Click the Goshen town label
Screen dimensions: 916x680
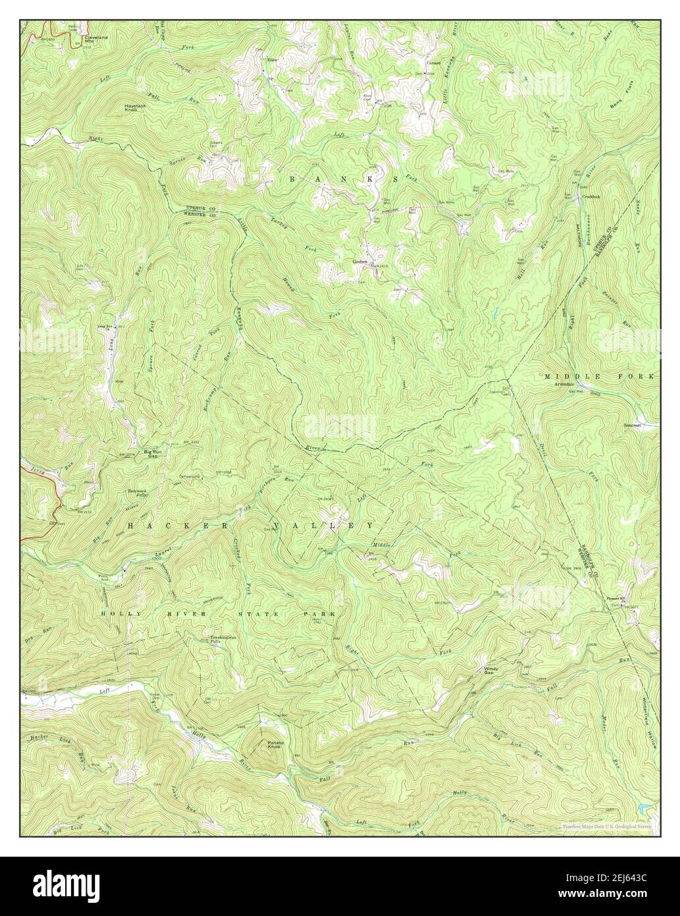(x=360, y=261)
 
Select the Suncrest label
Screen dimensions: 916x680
(x=633, y=425)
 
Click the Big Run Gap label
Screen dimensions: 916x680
(x=153, y=453)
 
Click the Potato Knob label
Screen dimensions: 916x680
(x=275, y=745)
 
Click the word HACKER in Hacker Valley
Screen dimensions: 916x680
(x=154, y=525)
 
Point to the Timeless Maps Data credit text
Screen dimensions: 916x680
(x=606, y=825)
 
